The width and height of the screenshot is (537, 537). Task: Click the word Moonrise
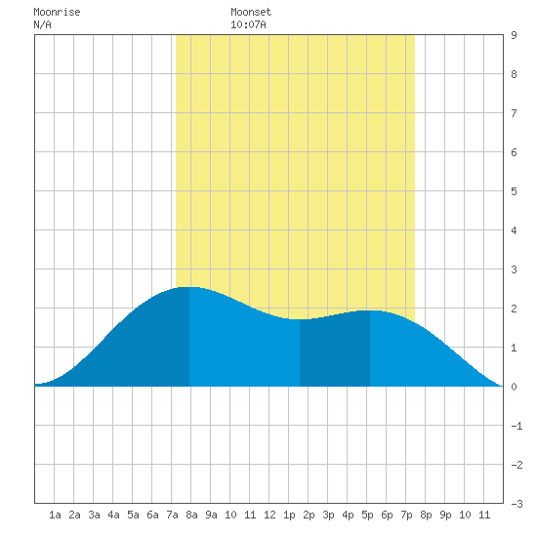[x=57, y=12]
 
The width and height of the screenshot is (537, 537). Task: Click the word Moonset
[x=251, y=12]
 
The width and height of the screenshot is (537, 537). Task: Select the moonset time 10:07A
[x=248, y=24]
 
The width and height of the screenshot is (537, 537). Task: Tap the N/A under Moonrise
[x=42, y=24]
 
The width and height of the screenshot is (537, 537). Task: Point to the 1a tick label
[x=55, y=515]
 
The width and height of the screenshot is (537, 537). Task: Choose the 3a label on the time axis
[x=94, y=515]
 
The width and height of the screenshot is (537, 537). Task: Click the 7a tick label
[x=172, y=515]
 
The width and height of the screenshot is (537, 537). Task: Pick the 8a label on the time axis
[x=191, y=515]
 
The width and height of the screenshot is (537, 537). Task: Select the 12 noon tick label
[x=269, y=515]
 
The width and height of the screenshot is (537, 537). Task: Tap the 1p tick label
[x=289, y=515]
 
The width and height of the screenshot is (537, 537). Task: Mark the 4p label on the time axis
[x=348, y=515]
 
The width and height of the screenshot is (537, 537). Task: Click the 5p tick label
[x=367, y=515]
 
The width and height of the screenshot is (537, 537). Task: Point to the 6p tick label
[x=387, y=515]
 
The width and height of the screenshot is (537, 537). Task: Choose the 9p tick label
[x=445, y=515]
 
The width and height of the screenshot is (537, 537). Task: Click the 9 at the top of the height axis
[x=514, y=35]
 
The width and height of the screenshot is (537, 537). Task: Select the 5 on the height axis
[x=514, y=191]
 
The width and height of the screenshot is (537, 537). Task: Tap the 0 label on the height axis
[x=514, y=387]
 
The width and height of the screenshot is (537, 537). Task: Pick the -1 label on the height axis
[x=516, y=426]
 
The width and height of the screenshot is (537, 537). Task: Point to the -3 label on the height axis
[x=516, y=504]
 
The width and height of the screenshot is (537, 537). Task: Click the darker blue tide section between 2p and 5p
[x=335, y=352]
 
